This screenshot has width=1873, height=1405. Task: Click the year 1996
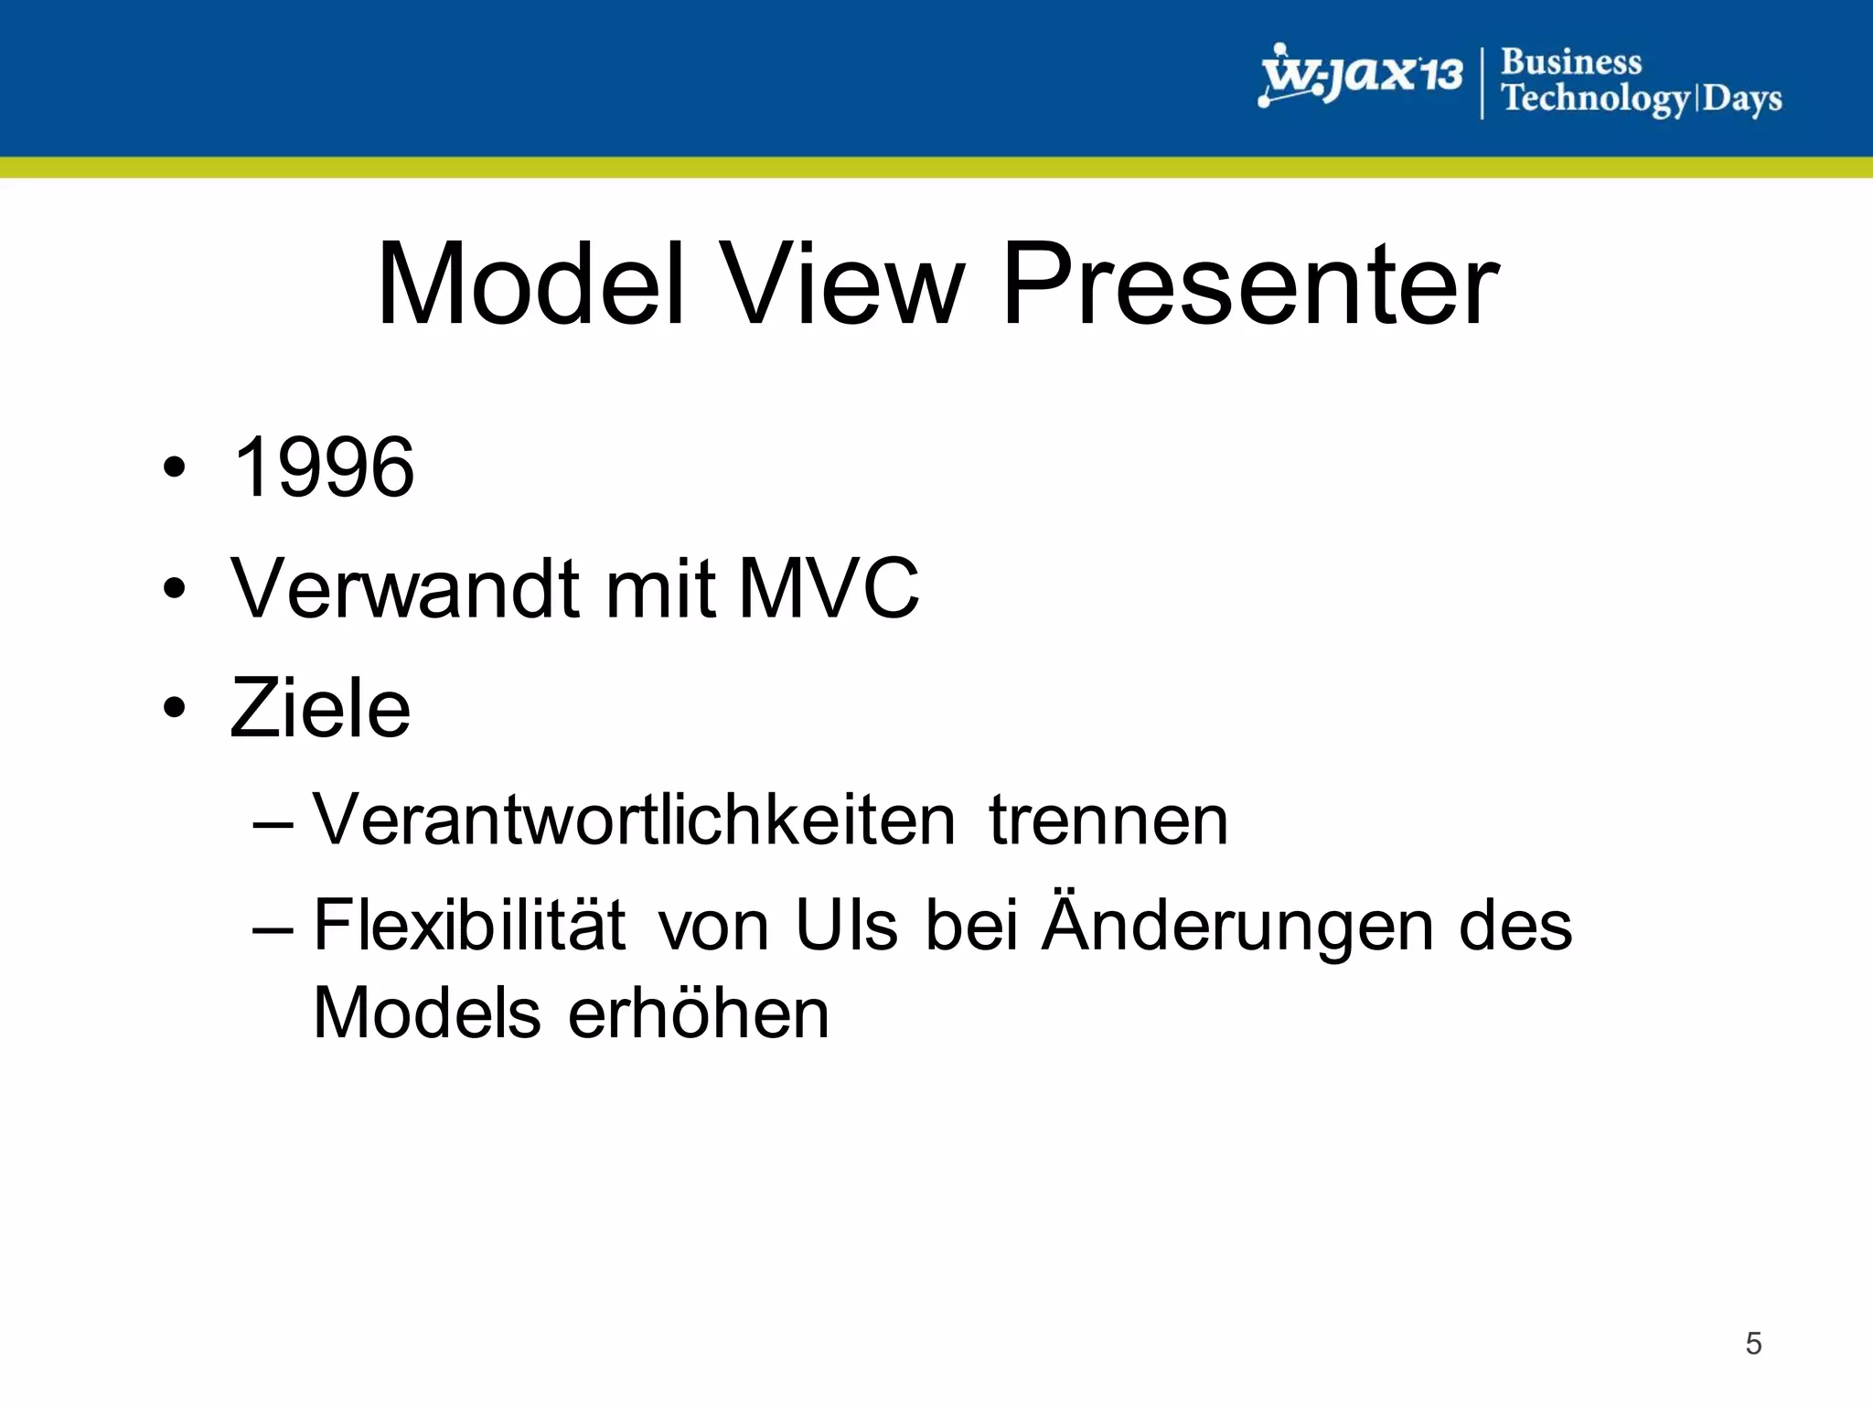[324, 467]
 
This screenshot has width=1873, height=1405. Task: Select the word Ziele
[320, 708]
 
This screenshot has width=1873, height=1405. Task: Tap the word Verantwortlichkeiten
[634, 820]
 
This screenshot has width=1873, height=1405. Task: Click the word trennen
[1108, 820]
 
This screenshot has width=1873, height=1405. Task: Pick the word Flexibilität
[469, 926]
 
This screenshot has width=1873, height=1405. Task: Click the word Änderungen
[1238, 926]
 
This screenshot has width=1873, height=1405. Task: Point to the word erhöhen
[699, 1014]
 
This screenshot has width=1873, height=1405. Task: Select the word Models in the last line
[427, 1014]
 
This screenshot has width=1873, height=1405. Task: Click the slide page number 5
[1752, 1343]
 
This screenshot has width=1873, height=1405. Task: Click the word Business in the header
[1571, 62]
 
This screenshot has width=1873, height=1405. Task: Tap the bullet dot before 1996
[175, 468]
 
